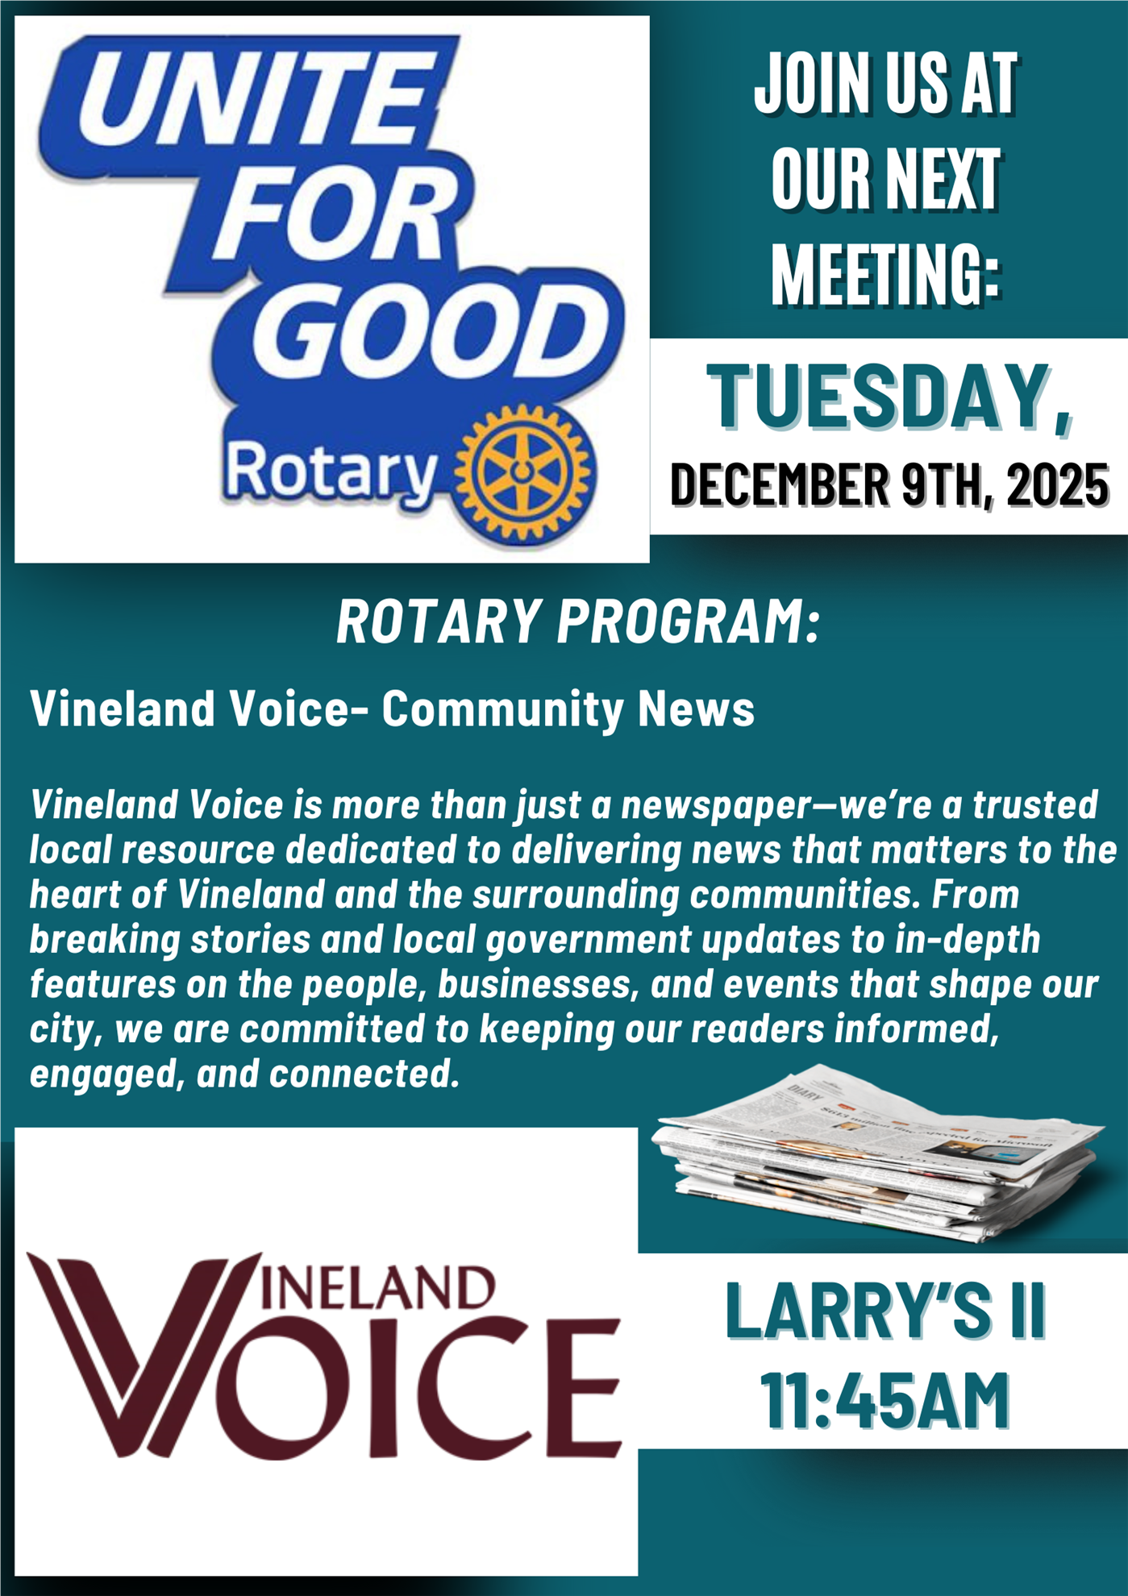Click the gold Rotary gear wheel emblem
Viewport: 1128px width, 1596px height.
pos(525,473)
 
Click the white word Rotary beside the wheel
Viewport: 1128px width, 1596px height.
pos(331,472)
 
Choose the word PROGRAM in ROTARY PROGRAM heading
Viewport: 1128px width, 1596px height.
pos(688,622)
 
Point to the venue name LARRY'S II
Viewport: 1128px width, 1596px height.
pos(885,1311)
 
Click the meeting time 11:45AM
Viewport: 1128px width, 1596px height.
pos(885,1401)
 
